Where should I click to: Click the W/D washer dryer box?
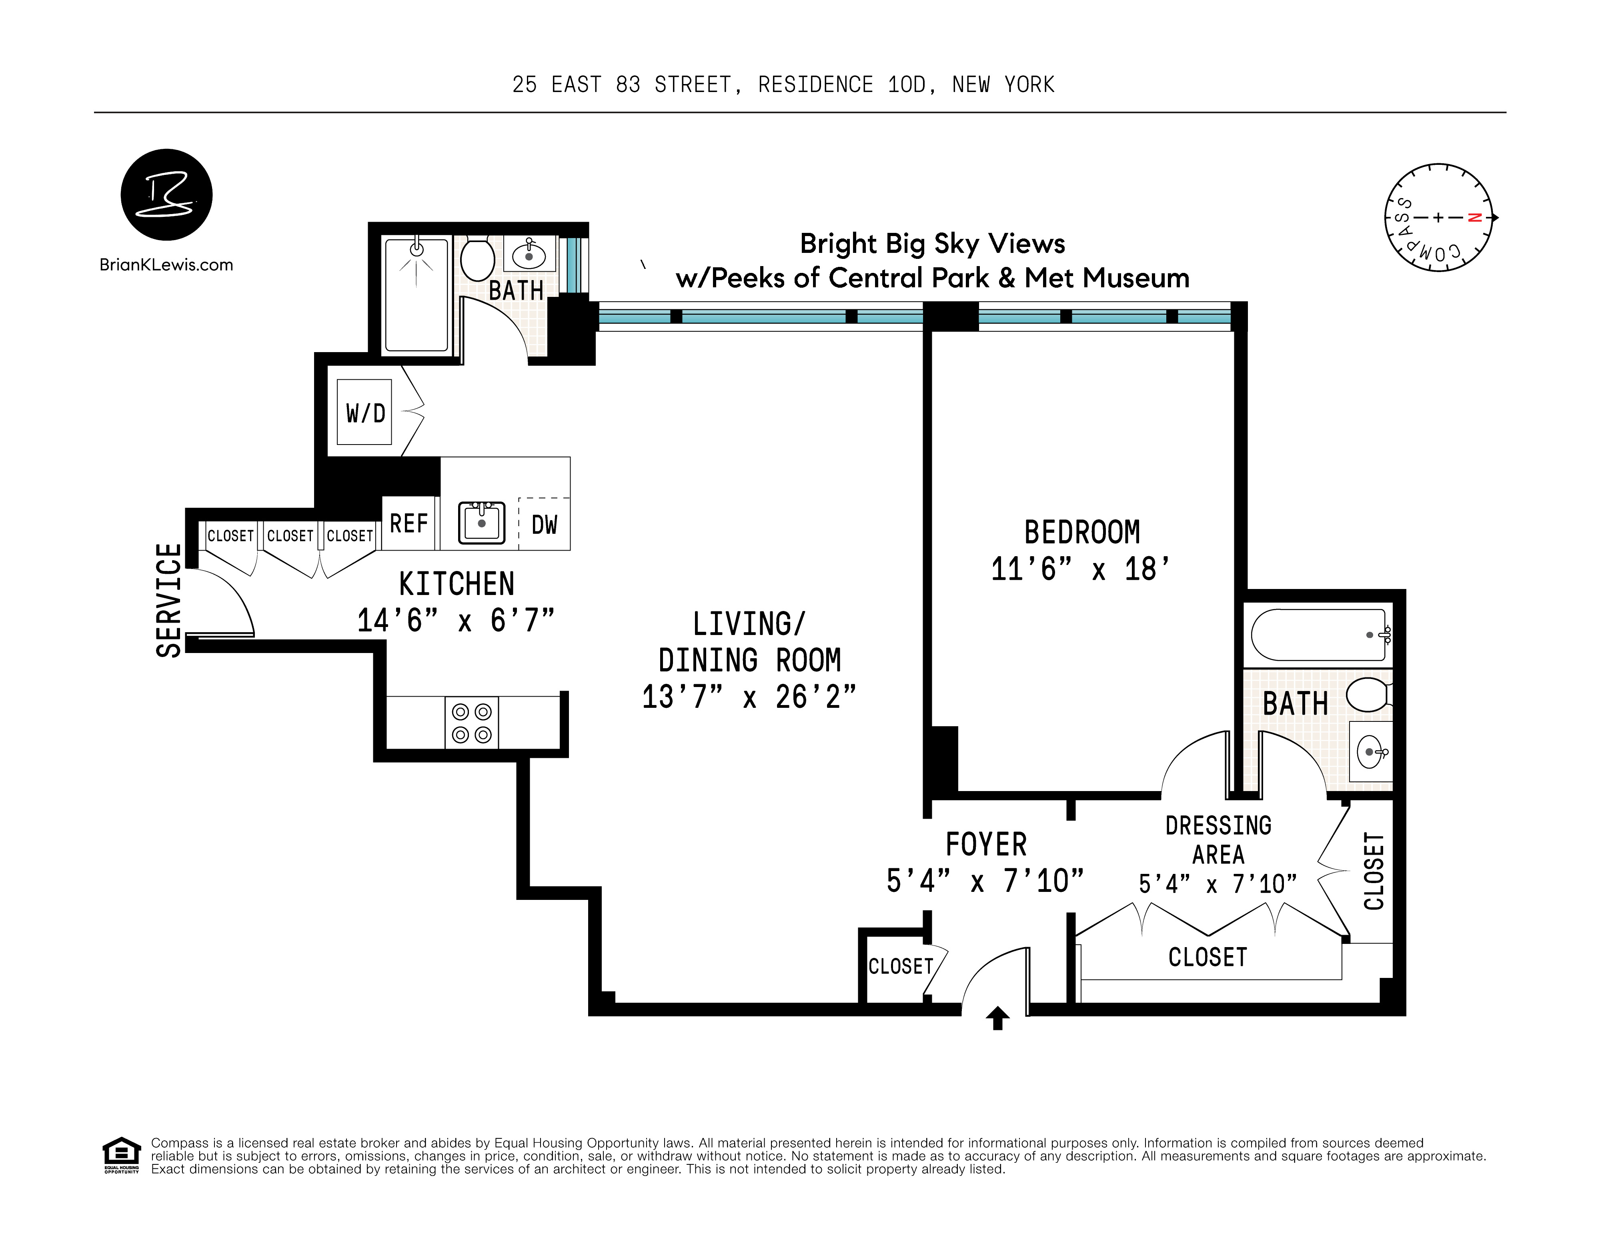[364, 413]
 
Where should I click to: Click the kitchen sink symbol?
[481, 523]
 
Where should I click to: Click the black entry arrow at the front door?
[997, 1018]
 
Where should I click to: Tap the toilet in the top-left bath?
[477, 258]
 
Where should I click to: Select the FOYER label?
[986, 845]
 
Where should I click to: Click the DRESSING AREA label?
[1218, 839]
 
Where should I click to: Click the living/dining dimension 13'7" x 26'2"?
[749, 697]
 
